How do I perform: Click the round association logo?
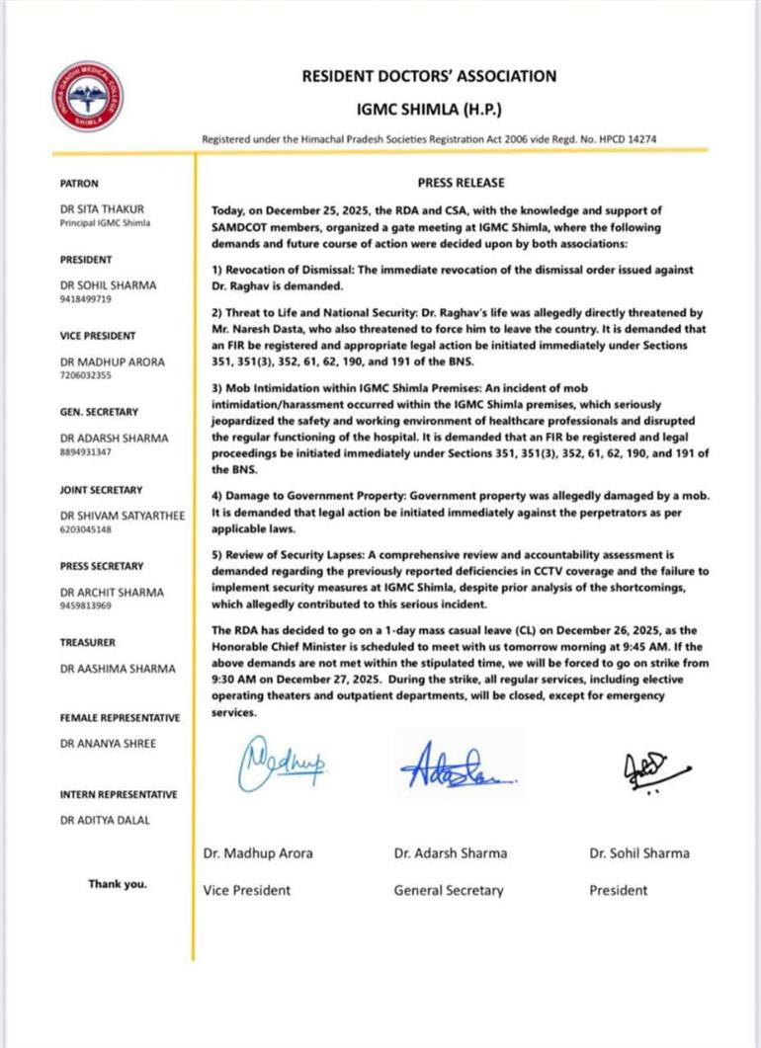click(x=88, y=97)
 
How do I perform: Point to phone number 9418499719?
click(x=88, y=297)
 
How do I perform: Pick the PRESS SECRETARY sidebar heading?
click(x=101, y=567)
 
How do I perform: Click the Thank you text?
click(x=117, y=885)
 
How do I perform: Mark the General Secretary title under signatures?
click(x=448, y=890)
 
